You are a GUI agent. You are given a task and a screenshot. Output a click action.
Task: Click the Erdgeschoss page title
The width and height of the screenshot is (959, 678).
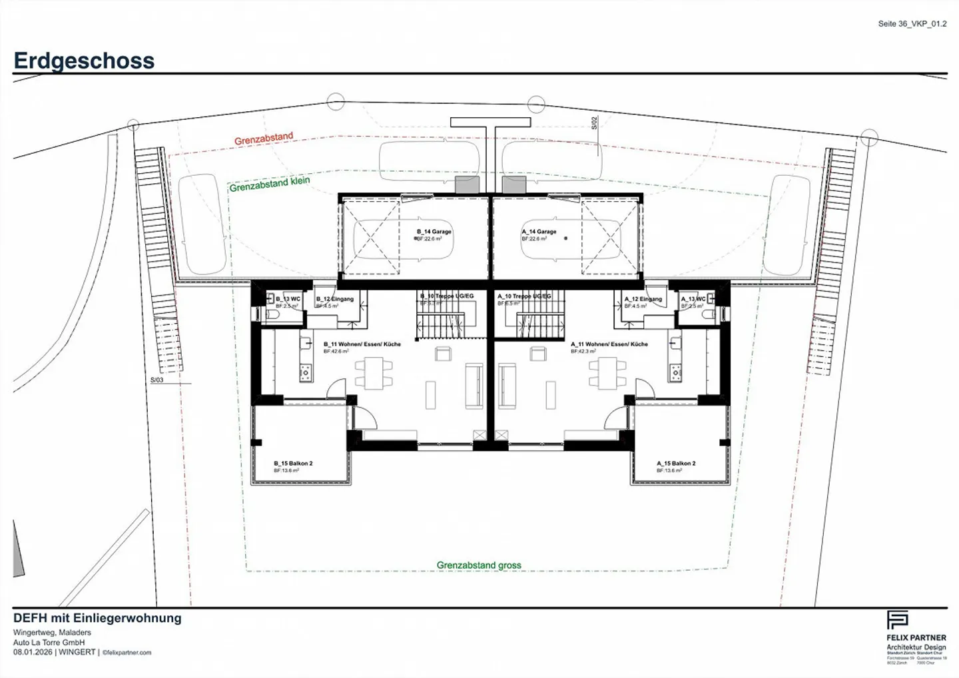click(x=84, y=61)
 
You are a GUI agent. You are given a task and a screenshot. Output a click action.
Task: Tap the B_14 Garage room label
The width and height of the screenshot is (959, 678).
click(x=434, y=232)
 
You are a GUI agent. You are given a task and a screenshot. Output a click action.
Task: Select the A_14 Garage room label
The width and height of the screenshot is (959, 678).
click(x=539, y=232)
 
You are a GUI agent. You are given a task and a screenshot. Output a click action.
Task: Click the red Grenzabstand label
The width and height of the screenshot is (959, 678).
click(x=264, y=139)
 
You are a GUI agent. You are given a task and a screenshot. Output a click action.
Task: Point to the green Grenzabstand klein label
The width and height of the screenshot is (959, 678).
click(x=270, y=184)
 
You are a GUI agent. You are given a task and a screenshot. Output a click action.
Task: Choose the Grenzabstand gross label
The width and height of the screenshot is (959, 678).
click(x=479, y=565)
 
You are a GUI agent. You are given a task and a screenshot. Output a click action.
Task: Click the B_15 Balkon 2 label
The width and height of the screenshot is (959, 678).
click(x=293, y=464)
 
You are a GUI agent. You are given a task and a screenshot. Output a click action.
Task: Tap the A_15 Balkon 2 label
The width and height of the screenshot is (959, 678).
click(x=676, y=464)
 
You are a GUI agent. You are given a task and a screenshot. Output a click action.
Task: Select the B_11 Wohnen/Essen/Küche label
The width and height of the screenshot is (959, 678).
click(x=362, y=344)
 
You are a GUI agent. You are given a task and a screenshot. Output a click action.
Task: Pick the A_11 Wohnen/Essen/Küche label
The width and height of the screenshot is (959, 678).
click(x=609, y=344)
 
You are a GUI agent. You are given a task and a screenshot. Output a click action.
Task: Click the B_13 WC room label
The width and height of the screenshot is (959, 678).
click(x=288, y=299)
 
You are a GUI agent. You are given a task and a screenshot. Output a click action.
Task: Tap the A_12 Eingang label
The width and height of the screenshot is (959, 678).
click(x=643, y=299)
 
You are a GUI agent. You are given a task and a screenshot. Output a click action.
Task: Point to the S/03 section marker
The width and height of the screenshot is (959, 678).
click(x=157, y=380)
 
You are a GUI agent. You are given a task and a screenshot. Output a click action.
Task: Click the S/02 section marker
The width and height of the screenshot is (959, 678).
click(x=595, y=123)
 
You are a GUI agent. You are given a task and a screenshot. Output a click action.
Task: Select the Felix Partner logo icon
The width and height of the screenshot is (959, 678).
click(x=897, y=620)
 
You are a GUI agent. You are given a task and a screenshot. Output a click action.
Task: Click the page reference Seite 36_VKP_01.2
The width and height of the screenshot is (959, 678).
click(x=912, y=24)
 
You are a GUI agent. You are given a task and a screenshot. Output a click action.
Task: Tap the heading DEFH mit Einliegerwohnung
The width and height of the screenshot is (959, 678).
click(x=97, y=618)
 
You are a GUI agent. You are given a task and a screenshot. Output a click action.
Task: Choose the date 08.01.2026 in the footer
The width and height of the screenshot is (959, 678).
click(x=33, y=653)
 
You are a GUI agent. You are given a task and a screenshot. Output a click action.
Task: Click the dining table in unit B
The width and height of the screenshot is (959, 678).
click(x=374, y=373)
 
